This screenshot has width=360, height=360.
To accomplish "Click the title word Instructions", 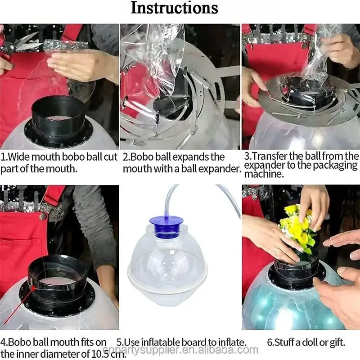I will pos(174,8).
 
